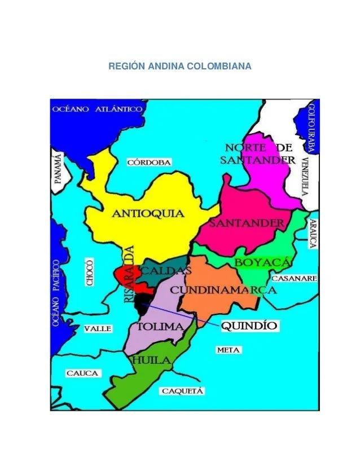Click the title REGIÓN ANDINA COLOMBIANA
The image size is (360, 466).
180,67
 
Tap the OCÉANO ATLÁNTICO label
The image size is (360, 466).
96,109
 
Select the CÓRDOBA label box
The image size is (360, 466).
149,162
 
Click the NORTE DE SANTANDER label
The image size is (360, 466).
257,153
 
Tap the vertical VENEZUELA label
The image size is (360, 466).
305,175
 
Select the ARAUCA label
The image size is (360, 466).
312,234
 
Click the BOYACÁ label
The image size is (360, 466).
262,263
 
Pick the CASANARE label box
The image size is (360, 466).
294,279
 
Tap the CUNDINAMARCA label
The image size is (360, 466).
223,290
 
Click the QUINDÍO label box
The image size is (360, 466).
248,326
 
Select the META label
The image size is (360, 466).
229,350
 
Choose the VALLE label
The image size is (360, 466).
98,328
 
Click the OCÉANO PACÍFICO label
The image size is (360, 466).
56,293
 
